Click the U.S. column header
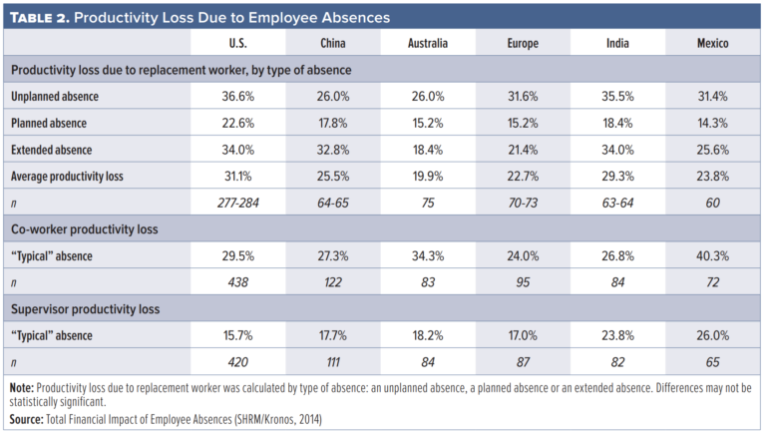(x=238, y=44)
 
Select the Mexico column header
(x=712, y=44)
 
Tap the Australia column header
(x=428, y=44)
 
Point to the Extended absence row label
(x=53, y=149)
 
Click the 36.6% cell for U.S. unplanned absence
(x=238, y=97)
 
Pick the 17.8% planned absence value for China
(x=333, y=123)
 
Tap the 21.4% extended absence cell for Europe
(x=523, y=149)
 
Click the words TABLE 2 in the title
(x=44, y=17)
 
